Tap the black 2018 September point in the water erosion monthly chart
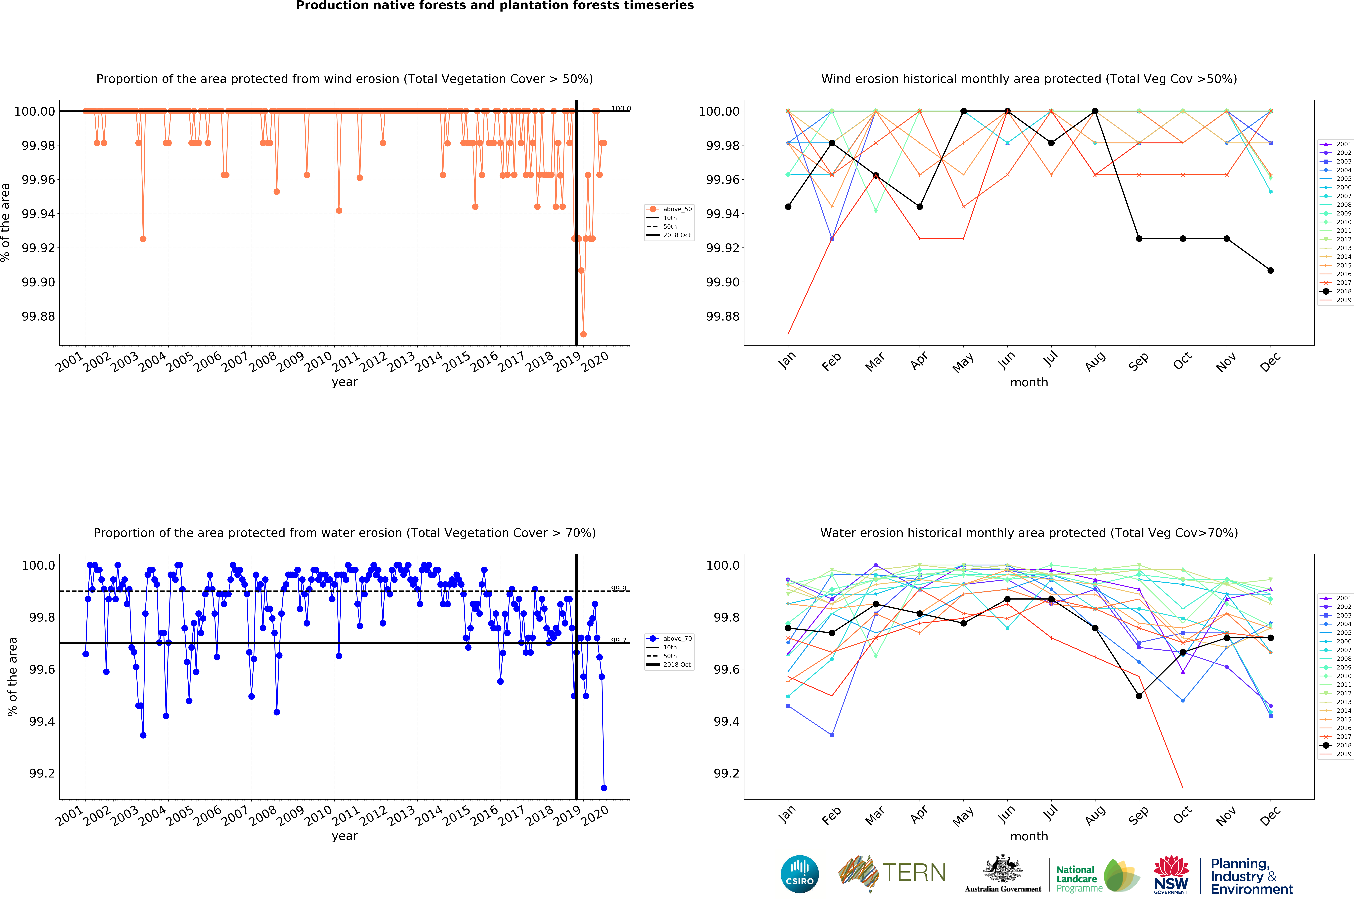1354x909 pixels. pos(1139,696)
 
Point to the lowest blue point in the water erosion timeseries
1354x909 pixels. pos(604,788)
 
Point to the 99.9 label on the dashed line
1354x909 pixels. pos(618,588)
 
